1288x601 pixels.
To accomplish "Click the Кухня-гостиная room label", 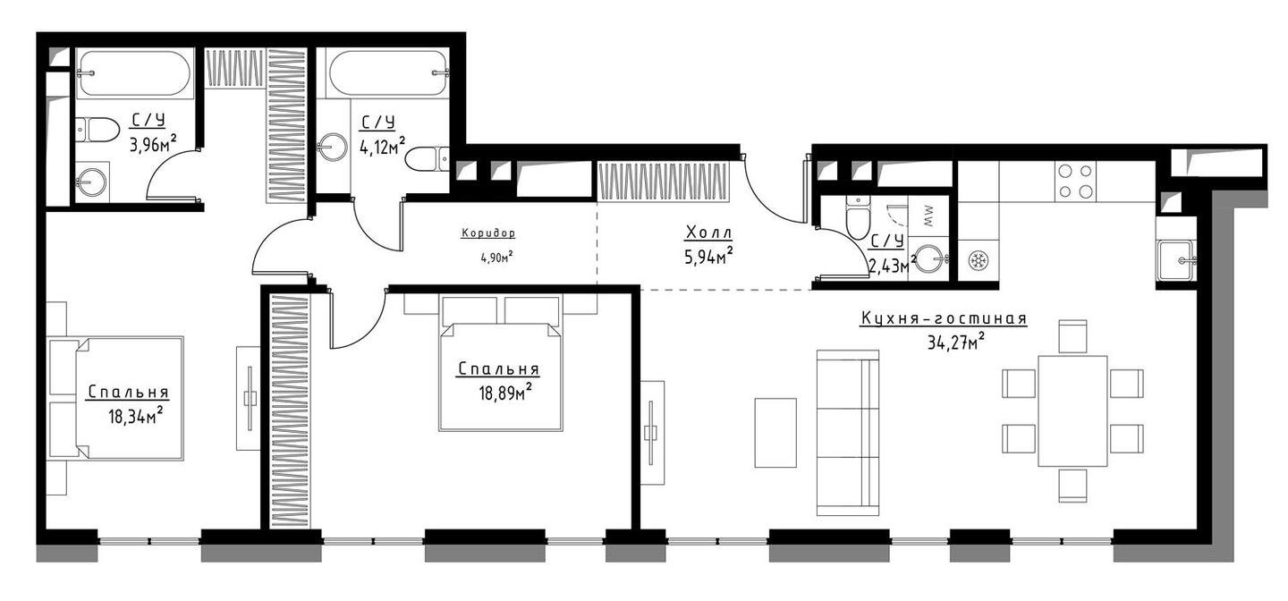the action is [x=943, y=319].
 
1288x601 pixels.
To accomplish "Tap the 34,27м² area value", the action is [x=956, y=343].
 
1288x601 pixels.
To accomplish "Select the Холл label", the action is [x=709, y=233].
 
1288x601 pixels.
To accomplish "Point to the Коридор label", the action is [x=488, y=233].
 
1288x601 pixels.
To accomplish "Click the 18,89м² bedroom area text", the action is [x=504, y=393].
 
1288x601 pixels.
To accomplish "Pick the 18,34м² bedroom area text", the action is [x=134, y=415].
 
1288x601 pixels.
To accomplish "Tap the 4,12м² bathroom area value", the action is [x=383, y=146].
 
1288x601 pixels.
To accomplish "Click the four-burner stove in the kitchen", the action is [x=1075, y=182].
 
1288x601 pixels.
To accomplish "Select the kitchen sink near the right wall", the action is [x=1176, y=260].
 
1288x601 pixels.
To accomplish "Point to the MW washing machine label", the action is [x=929, y=216].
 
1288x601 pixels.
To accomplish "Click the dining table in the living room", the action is [x=1072, y=411].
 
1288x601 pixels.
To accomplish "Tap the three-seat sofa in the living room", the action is [x=848, y=433].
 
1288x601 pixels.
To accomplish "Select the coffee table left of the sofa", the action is [x=775, y=433].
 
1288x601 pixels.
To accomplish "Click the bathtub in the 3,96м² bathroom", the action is [x=134, y=73].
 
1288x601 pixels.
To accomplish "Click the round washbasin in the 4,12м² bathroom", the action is [x=332, y=148].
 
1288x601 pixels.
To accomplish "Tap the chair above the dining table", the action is [x=1073, y=336].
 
